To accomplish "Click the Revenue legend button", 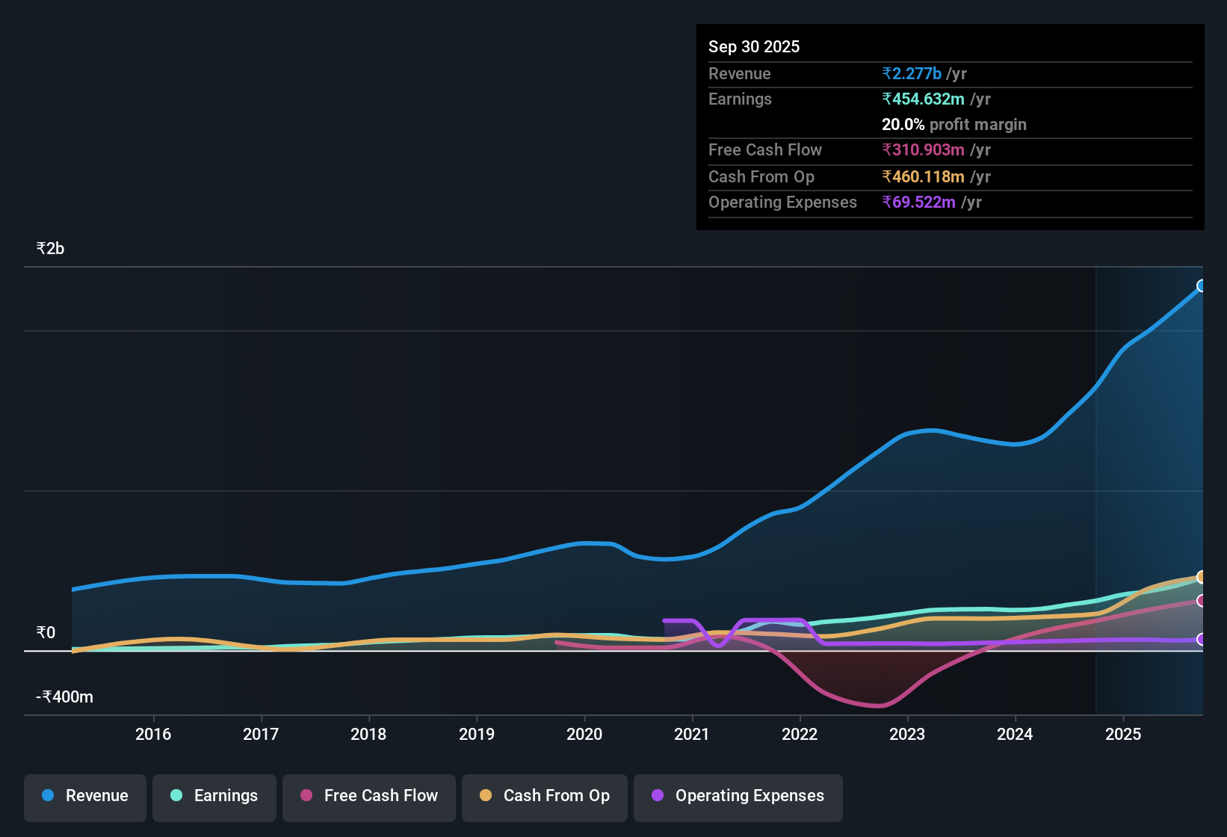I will pos(85,796).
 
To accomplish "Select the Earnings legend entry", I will pos(214,796).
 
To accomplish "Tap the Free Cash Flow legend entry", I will pos(369,796).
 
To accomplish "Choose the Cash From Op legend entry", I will pos(545,796).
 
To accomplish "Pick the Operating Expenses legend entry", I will pos(738,796).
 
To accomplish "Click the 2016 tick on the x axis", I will pos(153,734).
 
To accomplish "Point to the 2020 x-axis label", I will pos(584,734).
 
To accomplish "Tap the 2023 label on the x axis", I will pos(907,734).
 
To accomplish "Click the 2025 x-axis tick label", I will pos(1123,734).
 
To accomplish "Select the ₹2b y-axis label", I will pos(51,249).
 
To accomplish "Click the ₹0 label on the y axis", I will pos(46,633).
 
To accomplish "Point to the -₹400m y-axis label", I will pos(65,697).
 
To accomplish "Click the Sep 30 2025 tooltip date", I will pos(754,46).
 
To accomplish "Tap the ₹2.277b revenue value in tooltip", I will pos(912,73).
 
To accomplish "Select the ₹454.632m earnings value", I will pos(923,99).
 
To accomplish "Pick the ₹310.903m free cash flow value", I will pos(923,149).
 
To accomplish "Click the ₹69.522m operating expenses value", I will pos(918,202).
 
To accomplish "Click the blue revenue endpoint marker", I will pos(1202,285).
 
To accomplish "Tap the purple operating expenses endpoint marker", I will pos(1202,640).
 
